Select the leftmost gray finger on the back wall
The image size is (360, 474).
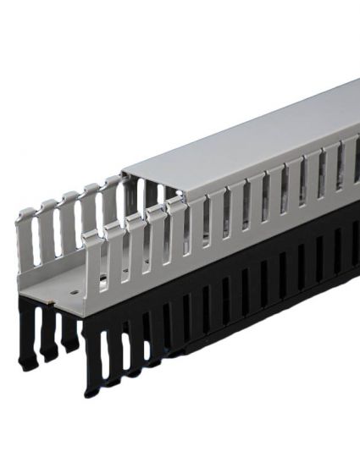27,241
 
